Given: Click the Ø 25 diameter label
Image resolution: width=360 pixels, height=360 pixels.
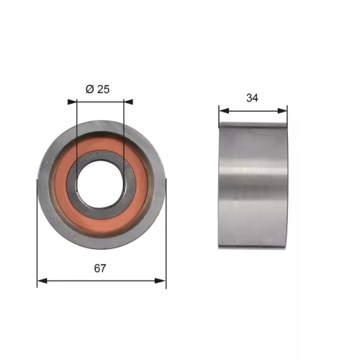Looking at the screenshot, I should click(99, 89).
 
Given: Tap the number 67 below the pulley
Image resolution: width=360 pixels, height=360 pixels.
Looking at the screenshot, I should click(100, 268).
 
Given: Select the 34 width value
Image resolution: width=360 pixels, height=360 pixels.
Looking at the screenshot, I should click(253, 99).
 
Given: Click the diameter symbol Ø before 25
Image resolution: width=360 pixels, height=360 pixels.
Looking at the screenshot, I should click(89, 89).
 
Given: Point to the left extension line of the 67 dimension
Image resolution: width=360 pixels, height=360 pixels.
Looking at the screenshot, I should click(37, 238).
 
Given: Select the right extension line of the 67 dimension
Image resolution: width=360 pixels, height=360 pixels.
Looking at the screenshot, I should click(166, 238).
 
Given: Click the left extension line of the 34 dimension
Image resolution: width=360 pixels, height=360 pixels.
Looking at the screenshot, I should click(219, 115).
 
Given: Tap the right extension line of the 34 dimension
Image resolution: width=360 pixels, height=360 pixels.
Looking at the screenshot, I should click(287, 115).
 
